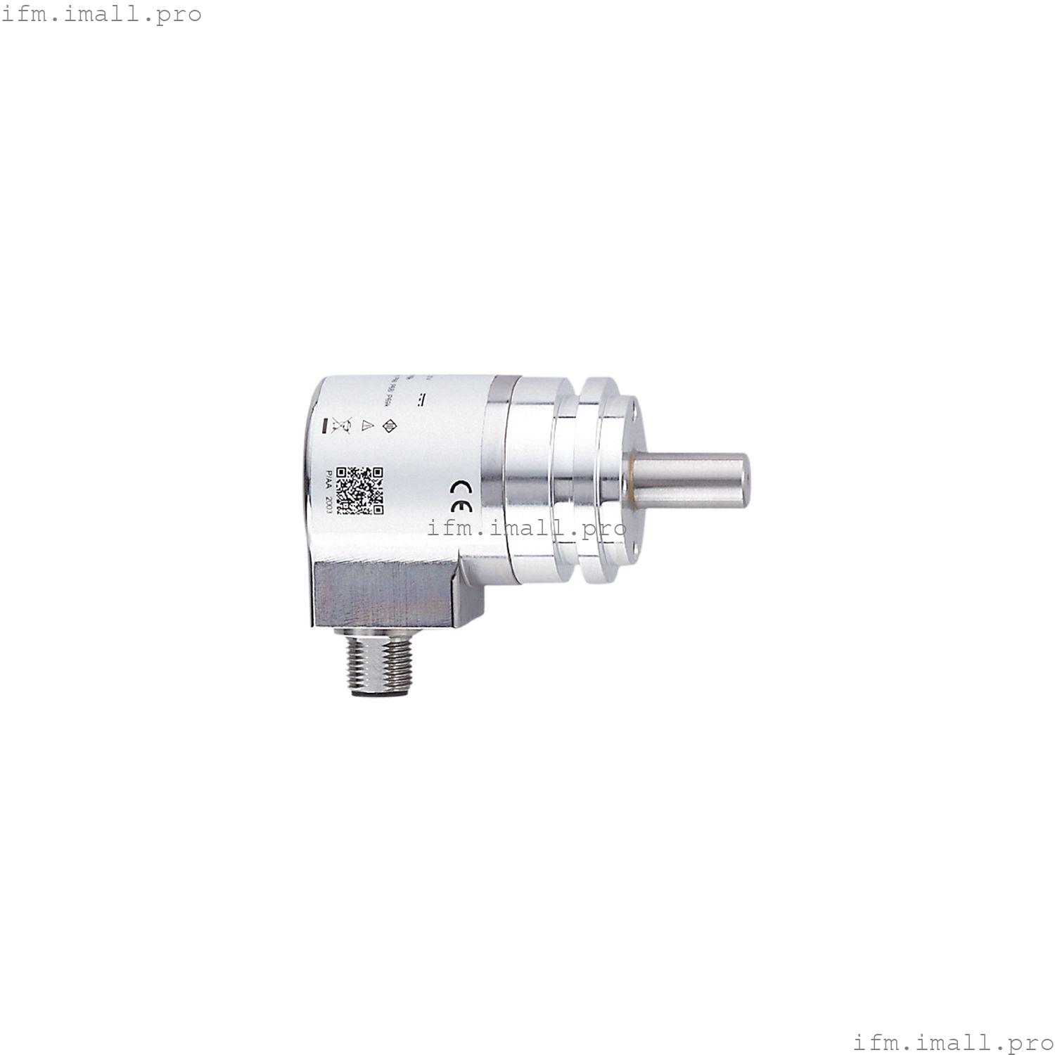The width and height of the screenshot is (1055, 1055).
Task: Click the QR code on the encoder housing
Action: click(x=359, y=490)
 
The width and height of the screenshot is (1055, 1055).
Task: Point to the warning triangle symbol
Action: click(x=366, y=426)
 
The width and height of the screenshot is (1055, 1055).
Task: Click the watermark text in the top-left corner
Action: click(x=102, y=14)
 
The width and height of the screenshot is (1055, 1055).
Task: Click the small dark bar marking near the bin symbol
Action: click(x=324, y=426)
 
